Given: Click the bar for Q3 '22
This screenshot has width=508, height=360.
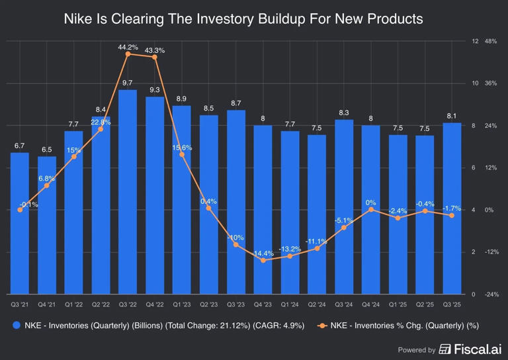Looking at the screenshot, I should [128, 192].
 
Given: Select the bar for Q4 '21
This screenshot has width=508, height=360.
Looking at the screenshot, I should [46, 225].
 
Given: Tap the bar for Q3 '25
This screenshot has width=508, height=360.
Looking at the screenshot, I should [452, 208].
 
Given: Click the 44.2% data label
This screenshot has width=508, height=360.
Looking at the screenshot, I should [128, 47].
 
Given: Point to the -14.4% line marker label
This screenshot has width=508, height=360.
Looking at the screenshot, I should [263, 253].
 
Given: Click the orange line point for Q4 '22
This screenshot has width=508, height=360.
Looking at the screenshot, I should [155, 57].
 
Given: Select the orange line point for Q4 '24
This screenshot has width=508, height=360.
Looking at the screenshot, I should [371, 209].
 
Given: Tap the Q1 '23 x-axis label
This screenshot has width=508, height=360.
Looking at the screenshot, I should [182, 304].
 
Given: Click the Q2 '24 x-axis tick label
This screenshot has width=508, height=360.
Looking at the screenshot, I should [317, 304].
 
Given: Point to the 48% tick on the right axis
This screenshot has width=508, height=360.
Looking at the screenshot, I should [491, 41].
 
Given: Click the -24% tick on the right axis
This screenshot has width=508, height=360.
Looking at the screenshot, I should [491, 294].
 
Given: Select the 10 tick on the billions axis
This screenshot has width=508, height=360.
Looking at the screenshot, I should [475, 83].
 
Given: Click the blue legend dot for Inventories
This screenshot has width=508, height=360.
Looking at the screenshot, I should [16, 326].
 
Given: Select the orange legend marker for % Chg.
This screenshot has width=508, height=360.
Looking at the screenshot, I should [322, 326].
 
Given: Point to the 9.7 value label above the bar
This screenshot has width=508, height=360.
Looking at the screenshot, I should [128, 83].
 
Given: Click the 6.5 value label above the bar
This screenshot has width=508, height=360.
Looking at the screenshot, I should [46, 150].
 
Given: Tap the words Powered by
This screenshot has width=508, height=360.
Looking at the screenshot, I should [417, 349].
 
